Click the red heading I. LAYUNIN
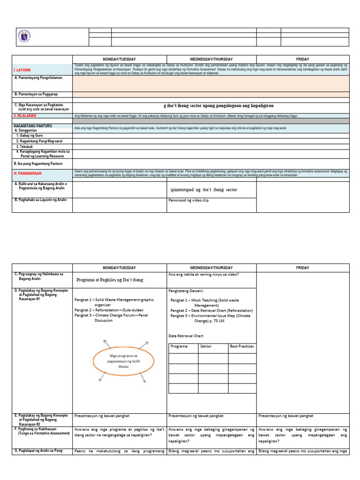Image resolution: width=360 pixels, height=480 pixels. (24, 70)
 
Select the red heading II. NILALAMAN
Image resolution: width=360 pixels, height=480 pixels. (26, 115)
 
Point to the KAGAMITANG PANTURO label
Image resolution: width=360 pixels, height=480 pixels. (33, 126)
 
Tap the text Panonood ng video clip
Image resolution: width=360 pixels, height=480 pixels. (188, 200)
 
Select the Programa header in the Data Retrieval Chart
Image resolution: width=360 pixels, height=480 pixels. (180, 346)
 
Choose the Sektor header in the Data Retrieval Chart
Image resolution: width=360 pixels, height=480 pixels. (206, 346)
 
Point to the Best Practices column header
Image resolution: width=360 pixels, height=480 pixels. (241, 346)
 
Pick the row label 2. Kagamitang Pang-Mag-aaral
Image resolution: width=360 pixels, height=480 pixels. (39, 141)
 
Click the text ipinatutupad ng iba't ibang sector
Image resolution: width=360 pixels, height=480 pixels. (204, 190)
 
